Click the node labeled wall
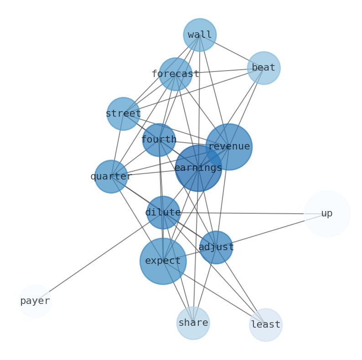tap(200, 35)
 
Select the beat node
tap(264, 68)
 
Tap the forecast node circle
tap(176, 74)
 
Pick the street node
tap(123, 113)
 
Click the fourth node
tap(159, 140)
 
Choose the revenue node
tap(229, 147)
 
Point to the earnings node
tap(198, 168)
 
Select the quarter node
tap(111, 176)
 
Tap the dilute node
tap(163, 212)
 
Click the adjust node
tap(216, 247)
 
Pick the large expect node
tap(163, 261)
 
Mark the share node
tap(193, 323)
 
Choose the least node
tap(266, 325)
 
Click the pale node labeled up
tap(327, 214)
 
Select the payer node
tap(35, 301)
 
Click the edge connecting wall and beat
tap(232, 51)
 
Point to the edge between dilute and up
tap(246, 213)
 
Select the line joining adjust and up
tap(271, 231)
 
